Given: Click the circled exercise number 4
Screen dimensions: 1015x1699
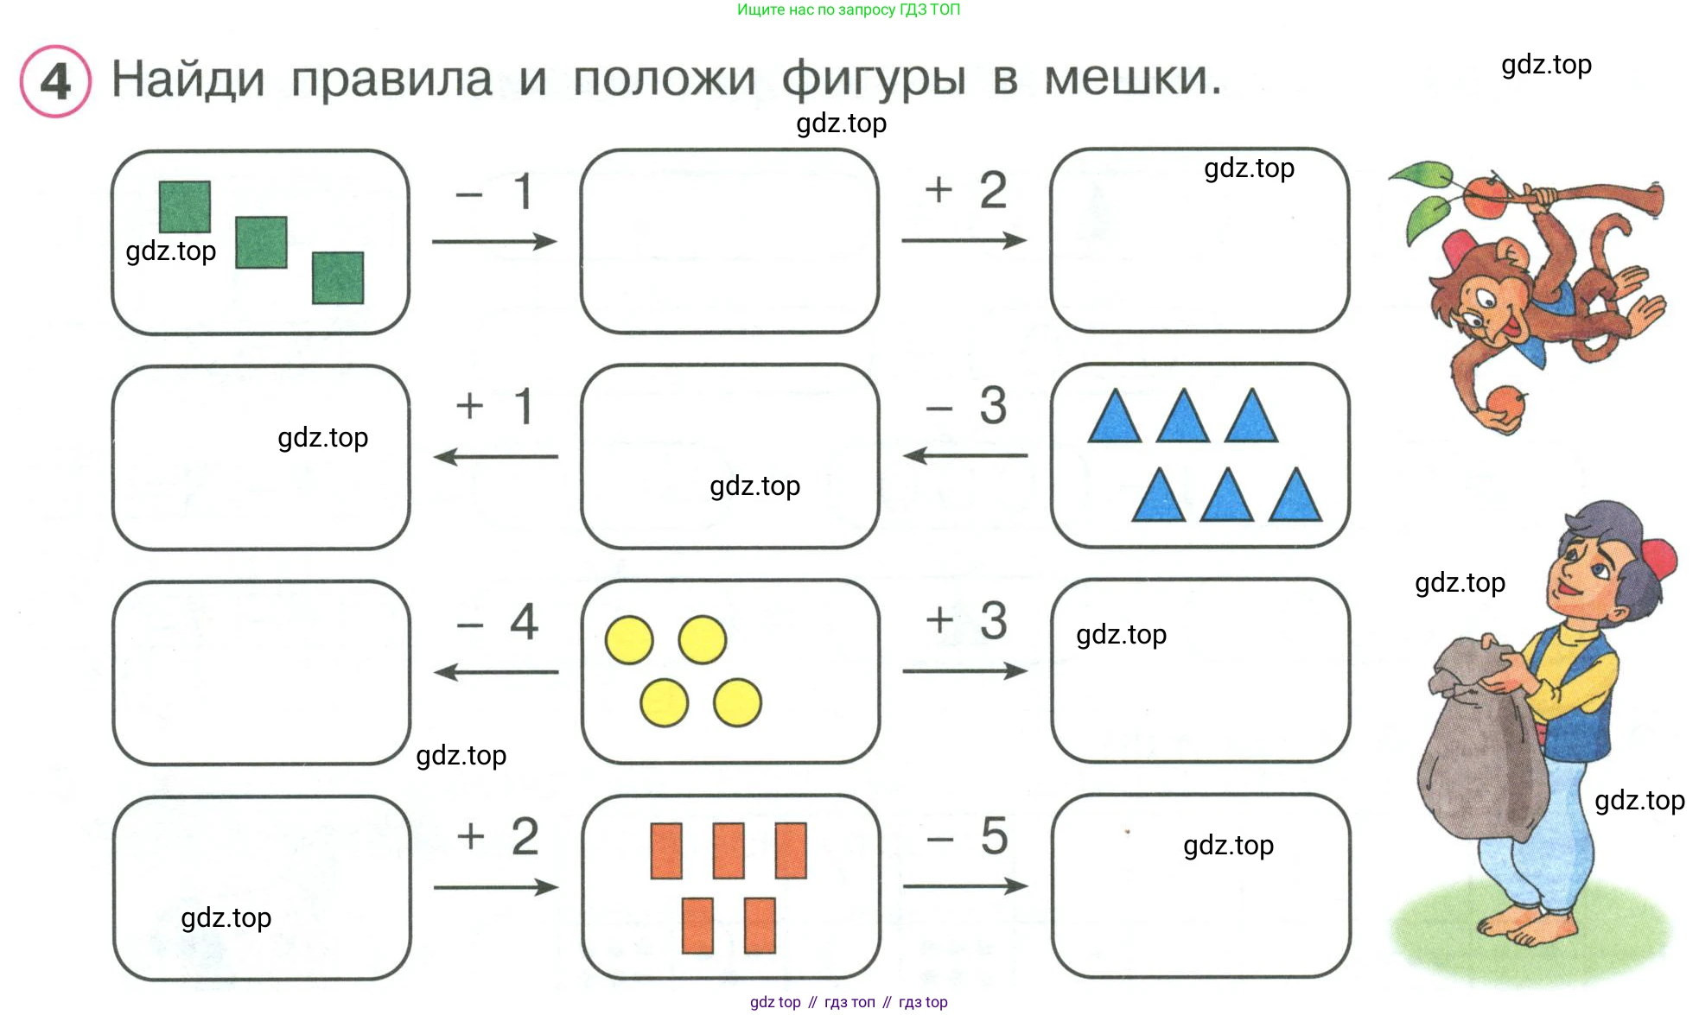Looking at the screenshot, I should [55, 81].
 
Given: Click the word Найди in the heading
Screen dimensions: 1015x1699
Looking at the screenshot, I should [188, 79].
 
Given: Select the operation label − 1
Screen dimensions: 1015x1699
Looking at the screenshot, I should [494, 192].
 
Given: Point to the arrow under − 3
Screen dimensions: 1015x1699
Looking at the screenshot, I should [965, 455].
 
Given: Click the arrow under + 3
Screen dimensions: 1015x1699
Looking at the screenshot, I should [965, 671].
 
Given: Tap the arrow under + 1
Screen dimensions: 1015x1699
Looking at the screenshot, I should [495, 456].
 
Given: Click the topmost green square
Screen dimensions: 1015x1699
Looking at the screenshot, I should [185, 206].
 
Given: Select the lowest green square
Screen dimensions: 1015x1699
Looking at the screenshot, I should [338, 277].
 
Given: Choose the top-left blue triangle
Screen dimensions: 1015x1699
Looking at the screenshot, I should [1115, 417].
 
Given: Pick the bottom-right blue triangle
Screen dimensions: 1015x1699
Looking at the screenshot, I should [1295, 496].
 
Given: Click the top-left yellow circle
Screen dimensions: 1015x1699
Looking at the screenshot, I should [629, 640].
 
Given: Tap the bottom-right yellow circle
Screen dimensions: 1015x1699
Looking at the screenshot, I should [737, 702].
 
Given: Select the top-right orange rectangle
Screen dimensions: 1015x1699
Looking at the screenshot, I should [791, 850].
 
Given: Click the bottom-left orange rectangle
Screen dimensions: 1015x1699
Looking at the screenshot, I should [697, 925].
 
